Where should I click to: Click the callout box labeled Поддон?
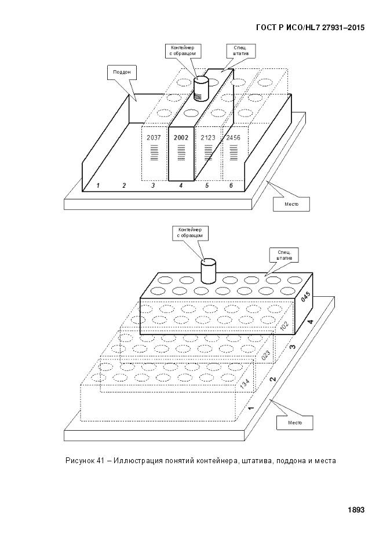coord(121,73)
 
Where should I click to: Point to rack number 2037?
coord(154,138)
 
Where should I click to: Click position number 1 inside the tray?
coord(99,185)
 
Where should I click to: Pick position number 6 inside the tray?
coord(231,185)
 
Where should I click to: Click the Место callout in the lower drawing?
coord(296,423)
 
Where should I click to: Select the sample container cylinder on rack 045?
coord(207,270)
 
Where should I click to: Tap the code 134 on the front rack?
coord(245,383)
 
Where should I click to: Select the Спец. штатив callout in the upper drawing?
coord(240,51)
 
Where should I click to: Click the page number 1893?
coord(356,510)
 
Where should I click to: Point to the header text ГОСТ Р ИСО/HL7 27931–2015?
coord(310,27)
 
